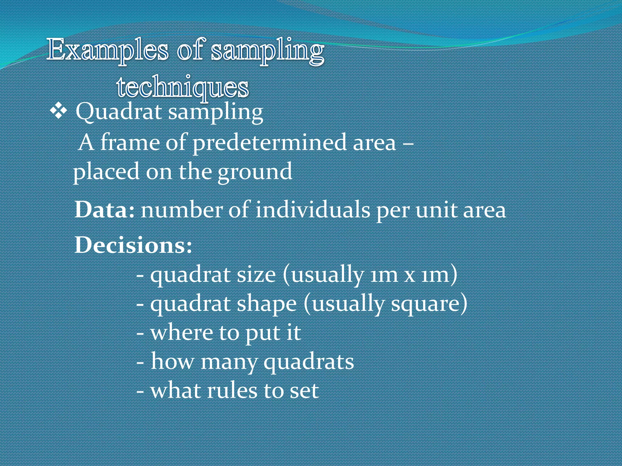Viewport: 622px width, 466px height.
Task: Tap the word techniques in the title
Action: click(x=183, y=87)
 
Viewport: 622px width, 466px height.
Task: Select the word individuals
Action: click(x=313, y=210)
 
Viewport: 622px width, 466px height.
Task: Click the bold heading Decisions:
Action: click(x=133, y=245)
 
